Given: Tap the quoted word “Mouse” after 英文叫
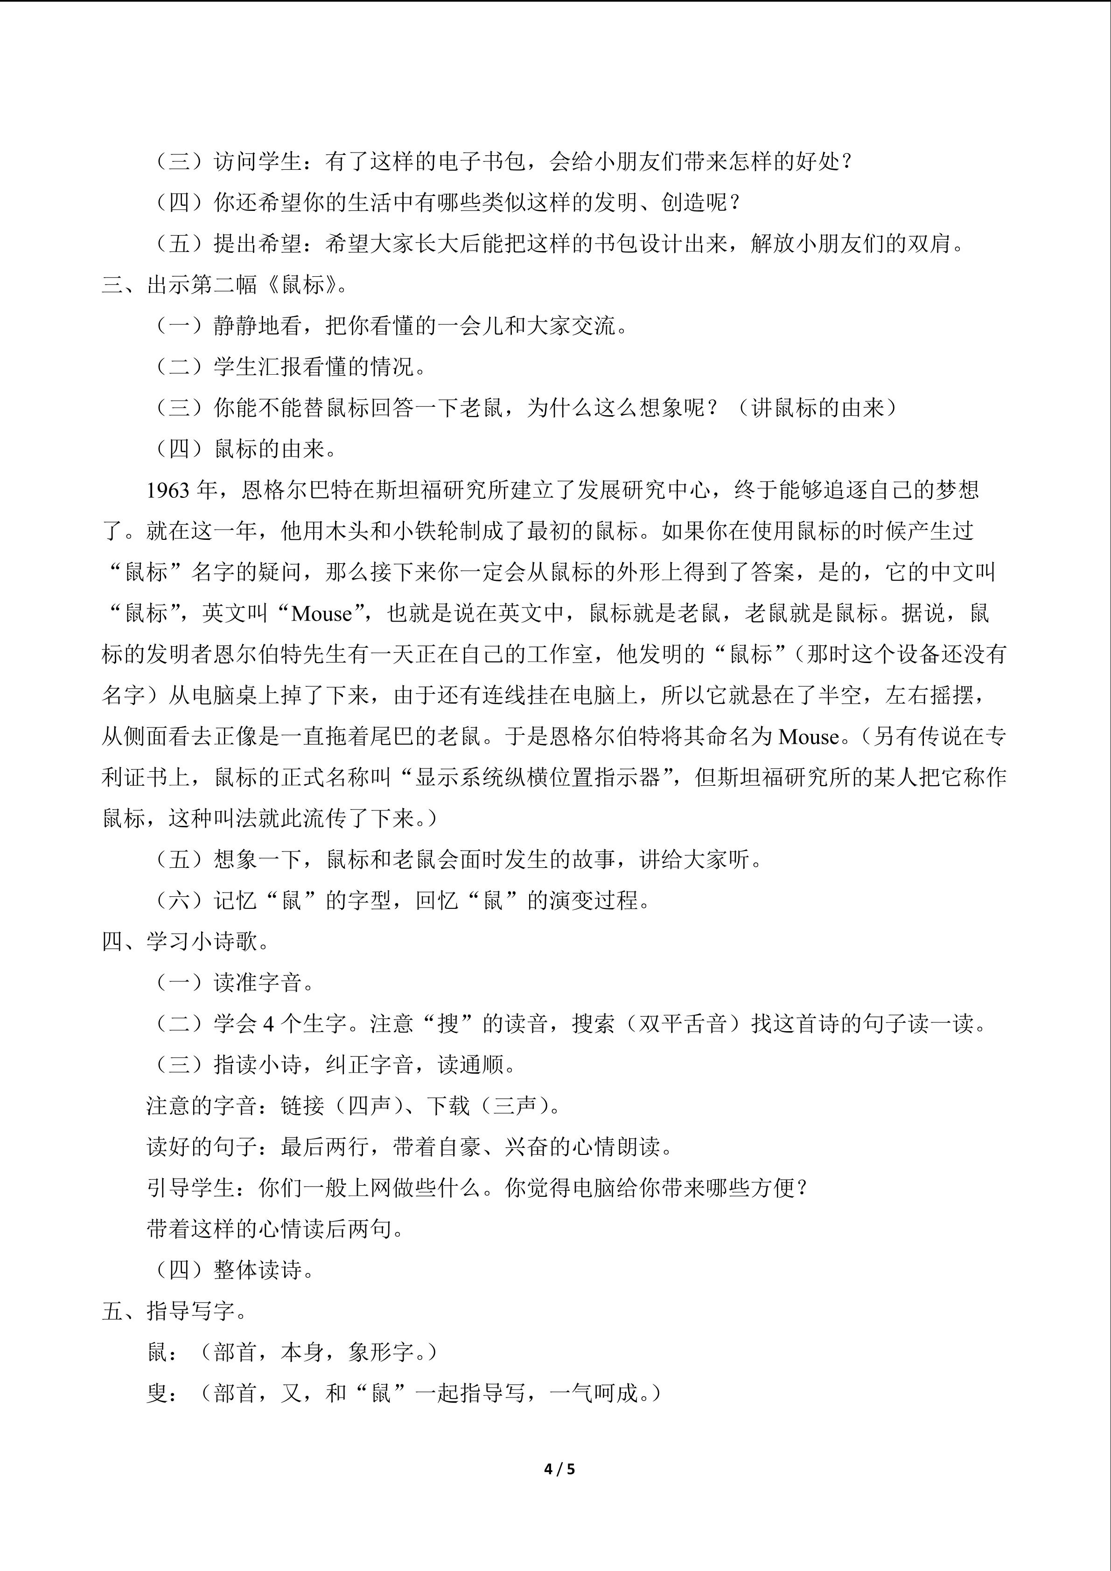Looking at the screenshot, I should (x=321, y=614).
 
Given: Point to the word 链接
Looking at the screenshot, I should (x=302, y=1106).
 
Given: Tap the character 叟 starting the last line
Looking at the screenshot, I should (x=157, y=1393).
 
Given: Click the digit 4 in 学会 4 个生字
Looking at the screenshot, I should (x=269, y=1024).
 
